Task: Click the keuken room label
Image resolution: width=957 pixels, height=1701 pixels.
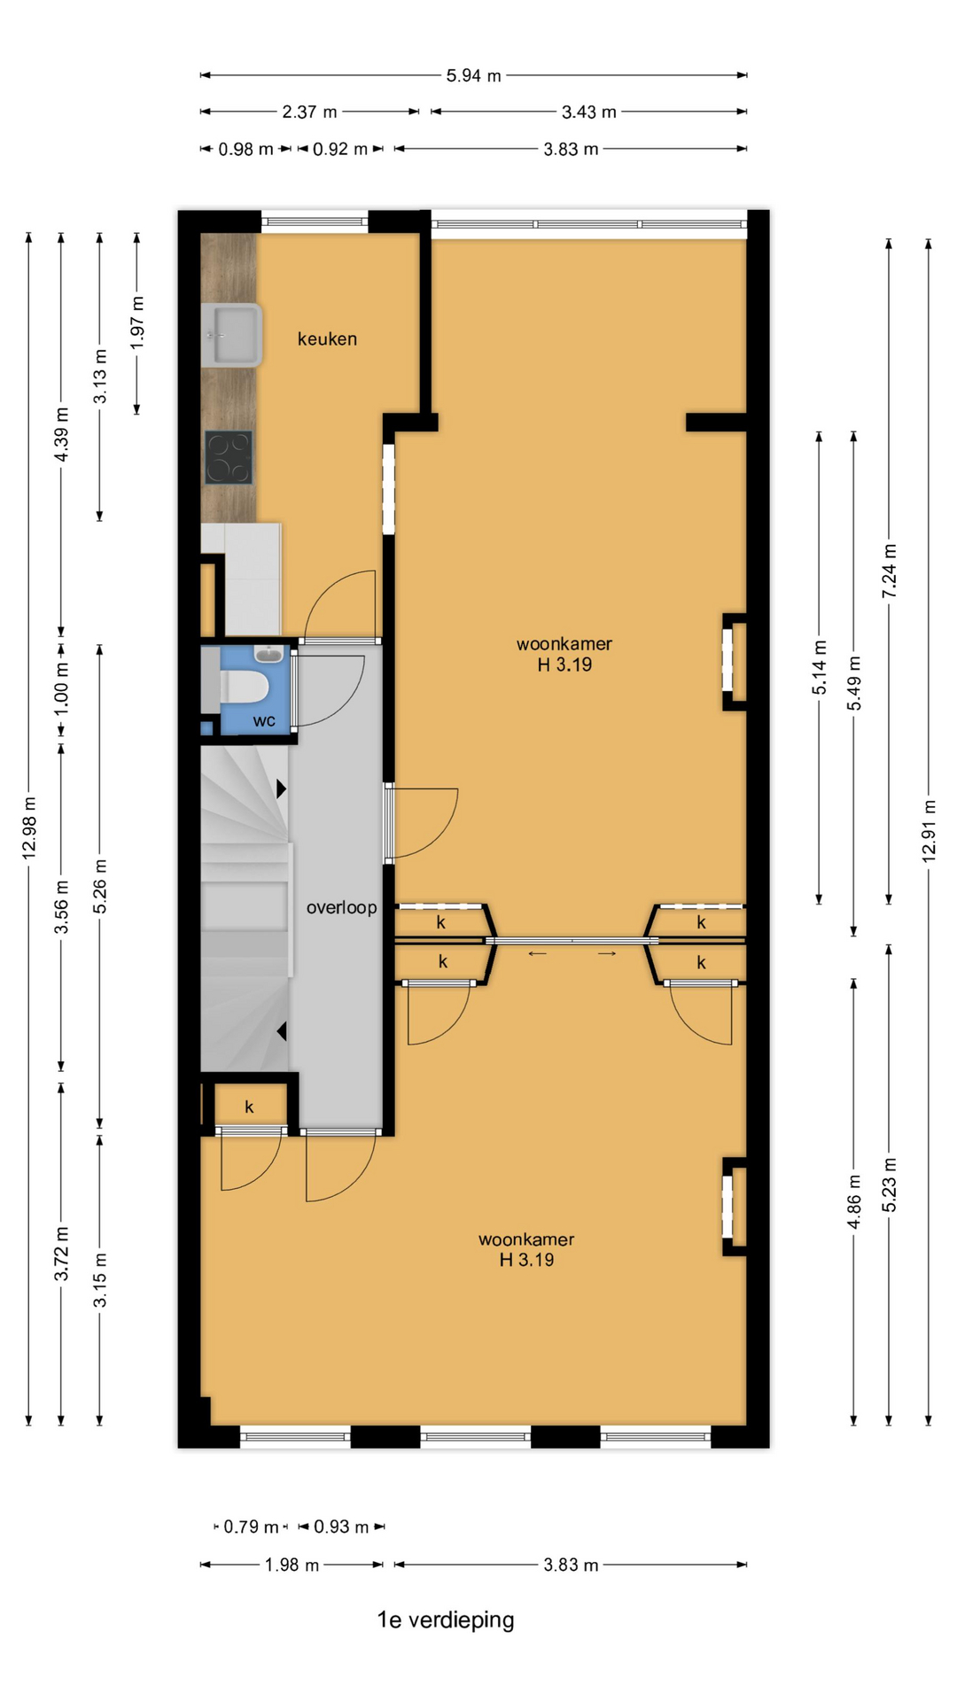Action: tap(327, 338)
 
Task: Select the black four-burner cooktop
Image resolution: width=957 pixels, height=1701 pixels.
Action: tap(229, 457)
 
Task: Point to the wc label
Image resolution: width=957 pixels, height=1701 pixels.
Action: tap(264, 721)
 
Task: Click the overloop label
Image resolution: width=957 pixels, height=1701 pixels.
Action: tap(341, 907)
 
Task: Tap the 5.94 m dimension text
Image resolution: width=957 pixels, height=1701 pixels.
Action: tap(473, 75)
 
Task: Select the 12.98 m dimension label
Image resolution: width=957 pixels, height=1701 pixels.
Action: tap(29, 827)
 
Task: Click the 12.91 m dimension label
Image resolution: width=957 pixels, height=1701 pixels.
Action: tap(929, 830)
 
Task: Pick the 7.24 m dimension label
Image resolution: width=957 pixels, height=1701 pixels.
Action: tap(890, 570)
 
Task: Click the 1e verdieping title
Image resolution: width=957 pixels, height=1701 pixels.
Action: tap(446, 1619)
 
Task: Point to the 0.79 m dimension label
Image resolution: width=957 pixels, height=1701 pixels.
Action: tap(251, 1526)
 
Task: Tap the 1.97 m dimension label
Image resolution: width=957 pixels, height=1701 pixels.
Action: tap(137, 322)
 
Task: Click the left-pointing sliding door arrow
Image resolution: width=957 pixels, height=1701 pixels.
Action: tap(538, 953)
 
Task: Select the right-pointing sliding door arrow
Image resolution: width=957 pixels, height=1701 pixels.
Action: tap(607, 953)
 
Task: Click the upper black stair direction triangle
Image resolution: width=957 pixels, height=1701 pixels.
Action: tap(281, 788)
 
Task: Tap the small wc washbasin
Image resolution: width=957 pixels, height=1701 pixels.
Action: tap(268, 655)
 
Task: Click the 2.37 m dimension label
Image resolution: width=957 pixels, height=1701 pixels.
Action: tap(309, 112)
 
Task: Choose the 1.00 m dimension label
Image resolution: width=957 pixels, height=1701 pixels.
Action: tap(61, 688)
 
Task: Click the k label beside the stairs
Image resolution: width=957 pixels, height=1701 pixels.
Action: tap(249, 1107)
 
